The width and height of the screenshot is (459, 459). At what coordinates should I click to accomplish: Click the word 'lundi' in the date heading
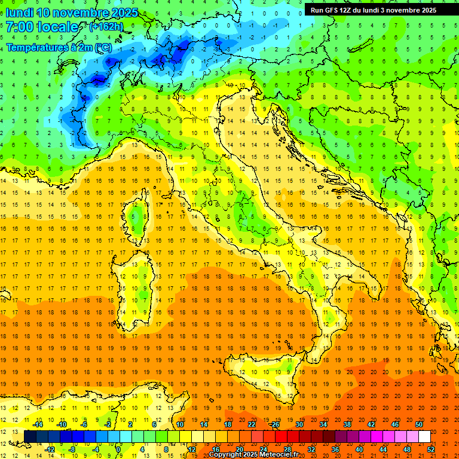19,13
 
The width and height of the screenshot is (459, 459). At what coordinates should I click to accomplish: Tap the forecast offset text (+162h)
106,27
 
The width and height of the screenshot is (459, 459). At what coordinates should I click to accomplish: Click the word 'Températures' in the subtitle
36,47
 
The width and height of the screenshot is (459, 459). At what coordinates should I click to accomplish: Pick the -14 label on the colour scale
38,424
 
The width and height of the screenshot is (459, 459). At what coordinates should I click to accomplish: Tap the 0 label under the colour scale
118,449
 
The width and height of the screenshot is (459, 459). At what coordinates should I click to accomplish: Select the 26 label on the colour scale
276,424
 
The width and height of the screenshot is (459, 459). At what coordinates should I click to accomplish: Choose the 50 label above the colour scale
419,424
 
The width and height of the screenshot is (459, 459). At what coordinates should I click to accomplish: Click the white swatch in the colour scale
424,437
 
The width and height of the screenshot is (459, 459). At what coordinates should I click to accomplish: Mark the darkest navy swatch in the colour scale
30,437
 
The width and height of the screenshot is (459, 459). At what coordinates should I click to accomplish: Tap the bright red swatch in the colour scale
281,437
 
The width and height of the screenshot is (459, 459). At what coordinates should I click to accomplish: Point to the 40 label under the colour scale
359,449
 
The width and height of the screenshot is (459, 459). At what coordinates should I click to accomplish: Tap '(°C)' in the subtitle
102,47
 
